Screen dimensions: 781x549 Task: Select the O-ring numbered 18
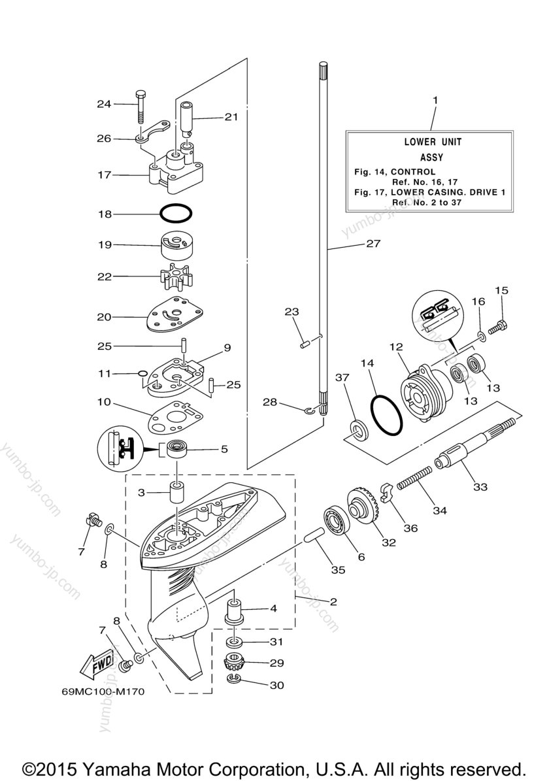(176, 214)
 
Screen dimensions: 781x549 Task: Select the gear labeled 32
(363, 513)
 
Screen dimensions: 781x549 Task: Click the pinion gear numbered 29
(233, 663)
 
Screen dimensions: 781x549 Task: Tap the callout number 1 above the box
(435, 100)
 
